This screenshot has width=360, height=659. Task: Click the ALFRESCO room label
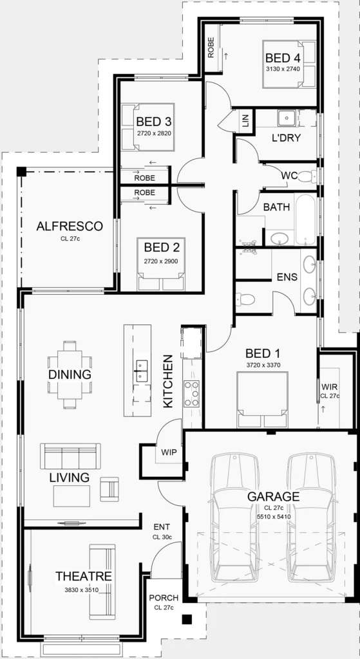[x=70, y=227]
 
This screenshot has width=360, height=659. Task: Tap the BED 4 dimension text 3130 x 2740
[x=282, y=70]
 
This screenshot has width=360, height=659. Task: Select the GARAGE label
[x=273, y=496]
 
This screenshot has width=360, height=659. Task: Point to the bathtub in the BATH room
[x=305, y=219]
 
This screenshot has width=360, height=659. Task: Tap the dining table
[x=70, y=375]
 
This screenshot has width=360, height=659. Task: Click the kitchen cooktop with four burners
[x=191, y=393]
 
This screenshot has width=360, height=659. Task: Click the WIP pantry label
[x=169, y=452]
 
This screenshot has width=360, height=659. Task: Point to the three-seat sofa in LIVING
[x=71, y=456]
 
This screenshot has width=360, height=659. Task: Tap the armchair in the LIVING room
[x=109, y=489]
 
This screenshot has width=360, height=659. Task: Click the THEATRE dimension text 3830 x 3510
[x=81, y=589]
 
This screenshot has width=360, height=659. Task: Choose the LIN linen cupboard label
[x=246, y=120]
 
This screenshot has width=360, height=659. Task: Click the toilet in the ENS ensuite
[x=245, y=299]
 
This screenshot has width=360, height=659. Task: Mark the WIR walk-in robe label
[x=329, y=387]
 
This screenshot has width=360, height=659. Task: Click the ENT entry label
[x=162, y=527]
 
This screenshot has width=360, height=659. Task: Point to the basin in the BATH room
[x=279, y=238]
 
